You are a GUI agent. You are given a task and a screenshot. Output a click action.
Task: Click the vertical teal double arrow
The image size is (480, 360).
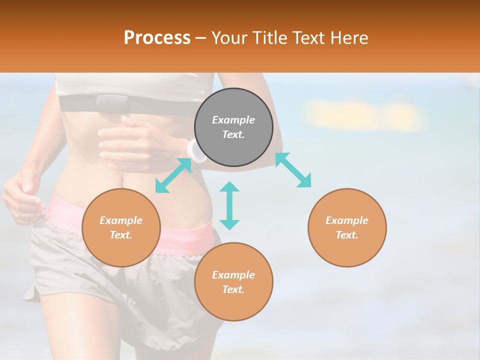coord(229,205)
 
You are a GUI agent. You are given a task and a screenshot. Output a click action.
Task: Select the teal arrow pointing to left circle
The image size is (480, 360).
coord(173,175)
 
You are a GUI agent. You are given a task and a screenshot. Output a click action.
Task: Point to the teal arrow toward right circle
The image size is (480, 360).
coord(293,170)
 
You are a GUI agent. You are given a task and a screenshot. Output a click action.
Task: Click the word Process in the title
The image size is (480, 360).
coord(157,37)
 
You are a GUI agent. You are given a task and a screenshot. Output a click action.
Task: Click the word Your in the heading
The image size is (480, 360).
coord(229,38)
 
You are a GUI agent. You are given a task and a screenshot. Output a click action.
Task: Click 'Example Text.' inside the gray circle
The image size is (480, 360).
coord(233,127)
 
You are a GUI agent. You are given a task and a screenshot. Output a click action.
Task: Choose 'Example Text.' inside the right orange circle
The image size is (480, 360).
coord(347,227)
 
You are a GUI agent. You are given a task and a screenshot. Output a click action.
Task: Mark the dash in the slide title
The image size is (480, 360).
coord(201,38)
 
